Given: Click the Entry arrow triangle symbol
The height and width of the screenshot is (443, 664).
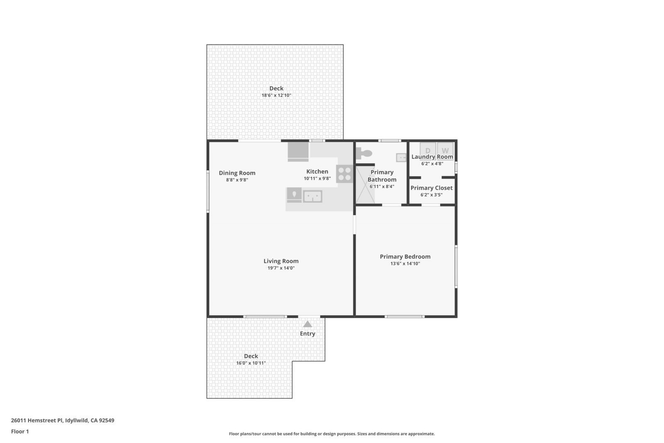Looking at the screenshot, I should tap(307, 324).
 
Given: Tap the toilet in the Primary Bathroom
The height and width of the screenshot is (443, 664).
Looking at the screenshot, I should tap(364, 153).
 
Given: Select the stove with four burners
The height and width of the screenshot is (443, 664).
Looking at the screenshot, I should tap(344, 174).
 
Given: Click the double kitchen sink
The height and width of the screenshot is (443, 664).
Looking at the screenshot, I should tap(312, 196).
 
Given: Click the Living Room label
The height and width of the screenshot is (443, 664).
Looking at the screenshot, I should tap(281, 261).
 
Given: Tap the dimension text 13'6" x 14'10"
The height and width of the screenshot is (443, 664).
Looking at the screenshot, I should tap(405, 264).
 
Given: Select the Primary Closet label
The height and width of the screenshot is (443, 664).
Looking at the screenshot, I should tap(431, 188).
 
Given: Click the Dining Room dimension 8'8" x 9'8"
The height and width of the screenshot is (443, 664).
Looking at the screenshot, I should tap(237, 180).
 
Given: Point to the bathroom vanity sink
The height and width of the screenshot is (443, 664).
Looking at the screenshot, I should tap(401, 157).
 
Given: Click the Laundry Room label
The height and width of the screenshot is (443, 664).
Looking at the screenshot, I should tap(432, 157).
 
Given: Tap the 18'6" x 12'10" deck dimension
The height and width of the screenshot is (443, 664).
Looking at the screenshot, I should tap(276, 95).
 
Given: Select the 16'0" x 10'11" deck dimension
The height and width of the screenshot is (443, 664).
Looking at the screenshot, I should tap(251, 363).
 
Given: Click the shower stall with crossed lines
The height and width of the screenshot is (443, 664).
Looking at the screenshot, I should tap(365, 186).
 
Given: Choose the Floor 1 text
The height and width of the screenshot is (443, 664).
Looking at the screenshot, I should tap(20, 431).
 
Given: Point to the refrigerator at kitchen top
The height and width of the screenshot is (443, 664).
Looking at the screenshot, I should tap(298, 152).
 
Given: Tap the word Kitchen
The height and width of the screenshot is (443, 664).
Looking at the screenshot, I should tap(317, 171).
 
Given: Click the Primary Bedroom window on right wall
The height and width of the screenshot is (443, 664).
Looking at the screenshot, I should tap(456, 267).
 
